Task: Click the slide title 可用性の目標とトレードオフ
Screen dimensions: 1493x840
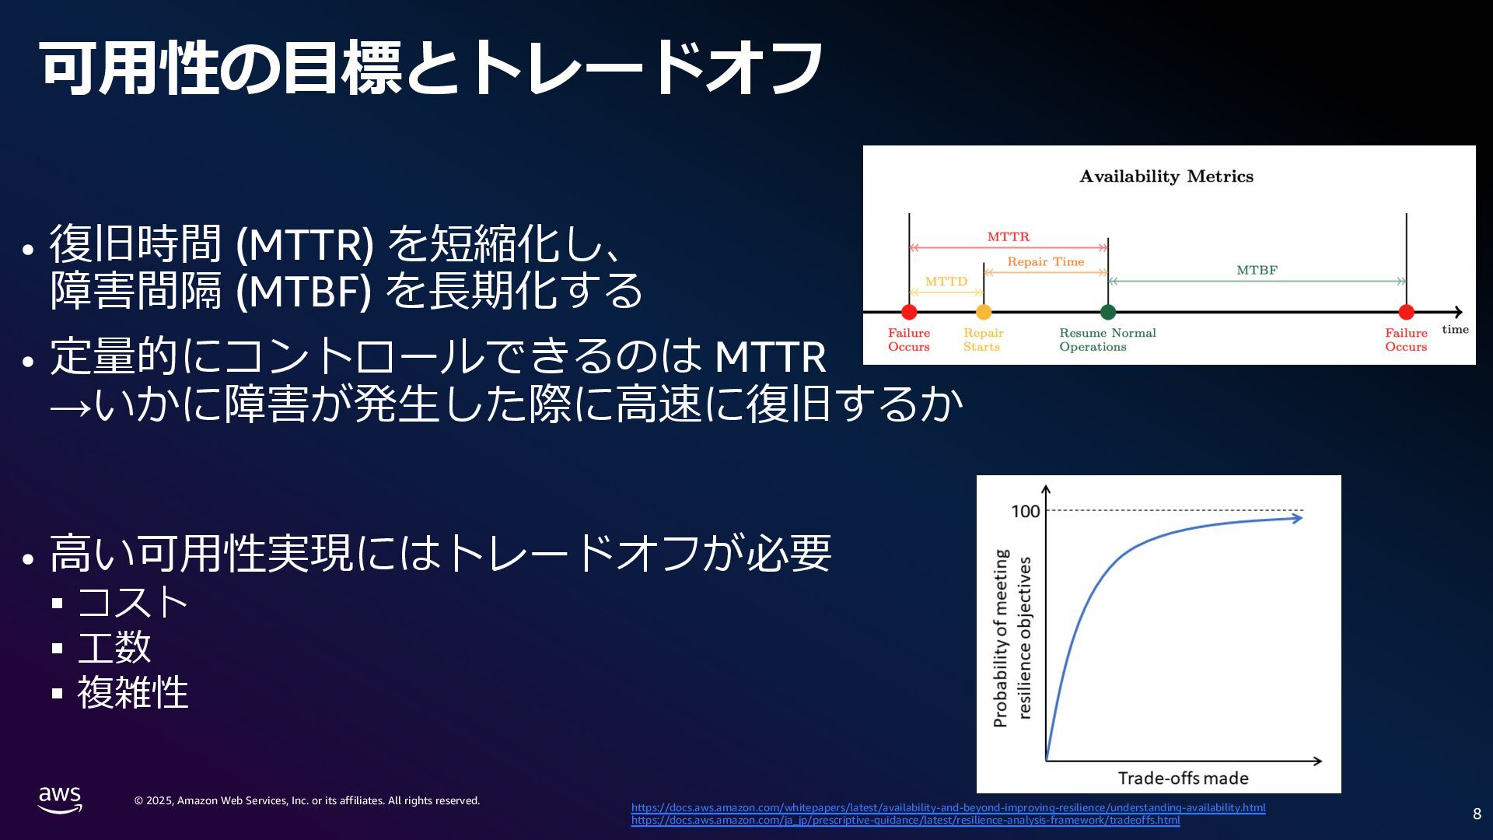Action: [432, 68]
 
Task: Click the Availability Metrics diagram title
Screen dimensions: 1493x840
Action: [1166, 177]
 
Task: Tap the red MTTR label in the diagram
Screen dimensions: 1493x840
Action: [1009, 236]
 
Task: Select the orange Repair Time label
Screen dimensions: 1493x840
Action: [1046, 262]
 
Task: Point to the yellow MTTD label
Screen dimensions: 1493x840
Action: [946, 282]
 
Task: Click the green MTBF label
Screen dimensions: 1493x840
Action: [1257, 271]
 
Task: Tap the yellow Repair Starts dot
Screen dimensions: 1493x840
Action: [984, 312]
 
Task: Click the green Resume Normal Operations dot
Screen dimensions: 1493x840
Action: [1108, 312]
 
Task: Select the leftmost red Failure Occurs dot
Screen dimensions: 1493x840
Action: [909, 312]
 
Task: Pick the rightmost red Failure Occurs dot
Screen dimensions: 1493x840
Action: [1406, 312]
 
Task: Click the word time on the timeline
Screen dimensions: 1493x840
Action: [1455, 329]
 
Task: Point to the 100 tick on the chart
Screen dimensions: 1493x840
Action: [1025, 511]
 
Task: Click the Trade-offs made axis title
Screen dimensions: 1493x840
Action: [1184, 778]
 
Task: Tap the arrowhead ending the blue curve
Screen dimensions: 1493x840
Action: [1297, 517]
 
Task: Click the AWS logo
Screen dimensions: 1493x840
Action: [60, 800]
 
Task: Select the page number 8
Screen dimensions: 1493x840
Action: [1477, 814]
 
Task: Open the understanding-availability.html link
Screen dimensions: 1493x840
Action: [948, 807]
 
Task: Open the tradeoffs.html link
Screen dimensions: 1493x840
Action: [905, 820]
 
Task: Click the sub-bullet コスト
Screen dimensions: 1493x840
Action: [132, 602]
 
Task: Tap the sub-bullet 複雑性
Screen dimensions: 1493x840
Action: [132, 692]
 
